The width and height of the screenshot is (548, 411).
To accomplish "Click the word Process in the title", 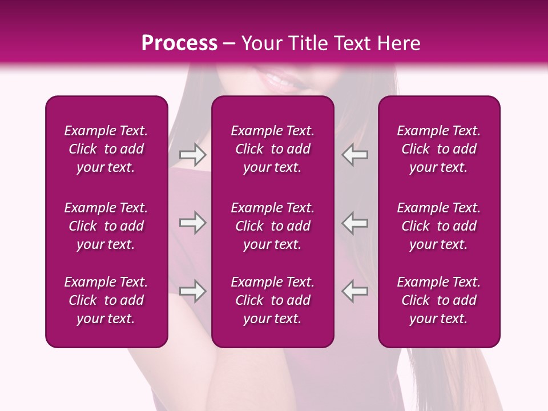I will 179,43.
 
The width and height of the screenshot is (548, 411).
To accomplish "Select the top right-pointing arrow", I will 193,154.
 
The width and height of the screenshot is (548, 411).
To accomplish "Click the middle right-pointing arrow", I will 193,223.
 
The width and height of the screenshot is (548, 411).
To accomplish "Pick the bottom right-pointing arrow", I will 193,291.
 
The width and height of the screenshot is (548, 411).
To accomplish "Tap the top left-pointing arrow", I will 355,154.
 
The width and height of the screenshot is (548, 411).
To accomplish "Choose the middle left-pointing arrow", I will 355,223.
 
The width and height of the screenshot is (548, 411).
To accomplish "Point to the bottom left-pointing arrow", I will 355,291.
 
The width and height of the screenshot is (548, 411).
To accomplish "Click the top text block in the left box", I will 106,149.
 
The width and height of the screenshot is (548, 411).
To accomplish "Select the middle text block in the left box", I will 106,226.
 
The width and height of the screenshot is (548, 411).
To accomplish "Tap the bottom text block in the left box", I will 106,300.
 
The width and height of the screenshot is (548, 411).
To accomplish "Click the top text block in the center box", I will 272,149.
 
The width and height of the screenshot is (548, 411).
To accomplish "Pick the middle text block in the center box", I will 272,226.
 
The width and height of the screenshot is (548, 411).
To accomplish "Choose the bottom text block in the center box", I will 272,300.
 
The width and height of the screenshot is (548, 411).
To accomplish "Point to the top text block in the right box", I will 438,149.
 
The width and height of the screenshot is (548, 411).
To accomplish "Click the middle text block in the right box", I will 438,226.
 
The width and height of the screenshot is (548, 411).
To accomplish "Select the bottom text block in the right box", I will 438,300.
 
